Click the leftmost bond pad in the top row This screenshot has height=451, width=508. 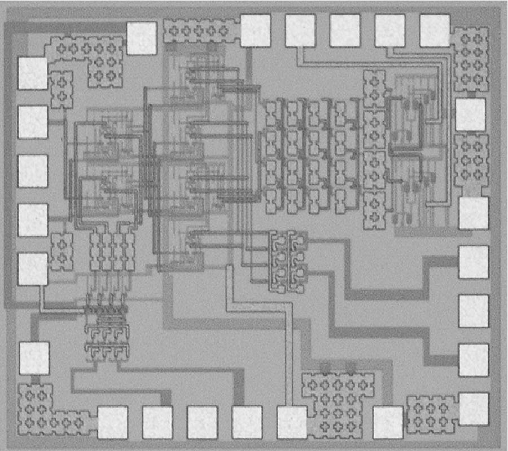click(141, 38)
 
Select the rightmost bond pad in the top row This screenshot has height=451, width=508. click(435, 30)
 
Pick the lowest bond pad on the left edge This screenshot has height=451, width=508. click(34, 359)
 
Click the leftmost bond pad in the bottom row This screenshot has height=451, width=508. click(113, 422)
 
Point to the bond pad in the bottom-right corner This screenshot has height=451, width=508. click(474, 409)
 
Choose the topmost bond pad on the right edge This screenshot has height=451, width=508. click(470, 114)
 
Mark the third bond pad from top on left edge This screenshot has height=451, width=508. click(33, 171)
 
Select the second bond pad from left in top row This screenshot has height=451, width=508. click(256, 30)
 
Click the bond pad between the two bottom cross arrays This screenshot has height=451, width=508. click(388, 422)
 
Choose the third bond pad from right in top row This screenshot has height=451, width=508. click(345, 30)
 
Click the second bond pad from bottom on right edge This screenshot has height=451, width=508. click(474, 360)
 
